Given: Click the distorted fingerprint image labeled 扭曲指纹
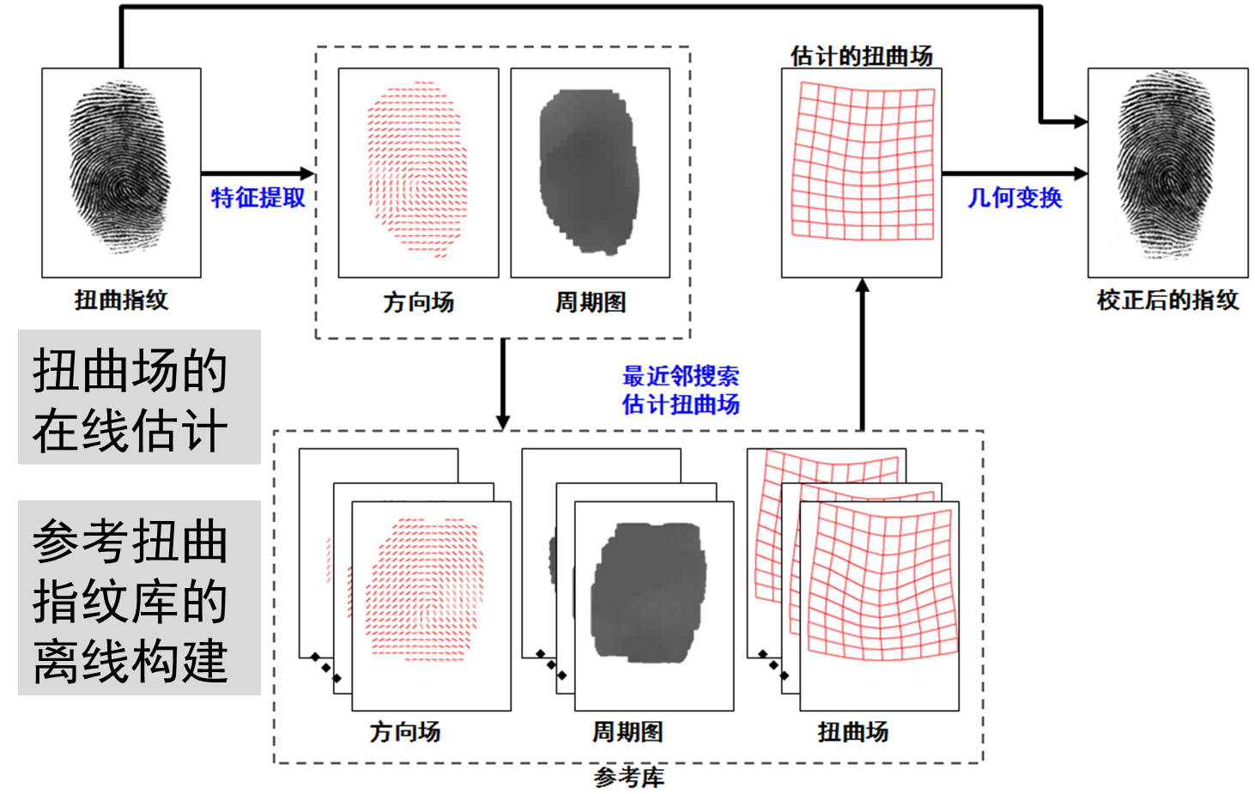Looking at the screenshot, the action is [121, 172].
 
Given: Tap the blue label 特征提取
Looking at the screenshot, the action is [258, 197].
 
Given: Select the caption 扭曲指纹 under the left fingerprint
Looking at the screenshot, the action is [121, 300].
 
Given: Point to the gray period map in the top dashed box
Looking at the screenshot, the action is [590, 172].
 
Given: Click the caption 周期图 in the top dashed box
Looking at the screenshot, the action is [591, 302].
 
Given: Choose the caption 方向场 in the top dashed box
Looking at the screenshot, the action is [418, 302].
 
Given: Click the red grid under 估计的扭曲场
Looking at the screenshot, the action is [862, 161].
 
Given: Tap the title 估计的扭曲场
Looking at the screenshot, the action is [862, 56].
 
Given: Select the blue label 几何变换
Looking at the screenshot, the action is [1015, 197].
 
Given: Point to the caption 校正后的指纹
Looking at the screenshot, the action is [1167, 300].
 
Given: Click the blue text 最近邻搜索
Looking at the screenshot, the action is [681, 376].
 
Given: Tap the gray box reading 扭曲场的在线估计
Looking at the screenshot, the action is [139, 397].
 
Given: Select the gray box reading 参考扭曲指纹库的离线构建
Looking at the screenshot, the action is [139, 598].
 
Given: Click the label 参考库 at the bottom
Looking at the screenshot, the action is [629, 777].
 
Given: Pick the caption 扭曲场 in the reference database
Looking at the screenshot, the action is [853, 731].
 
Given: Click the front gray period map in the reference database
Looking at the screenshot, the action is [649, 592].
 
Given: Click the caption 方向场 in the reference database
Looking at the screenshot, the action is [405, 731].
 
